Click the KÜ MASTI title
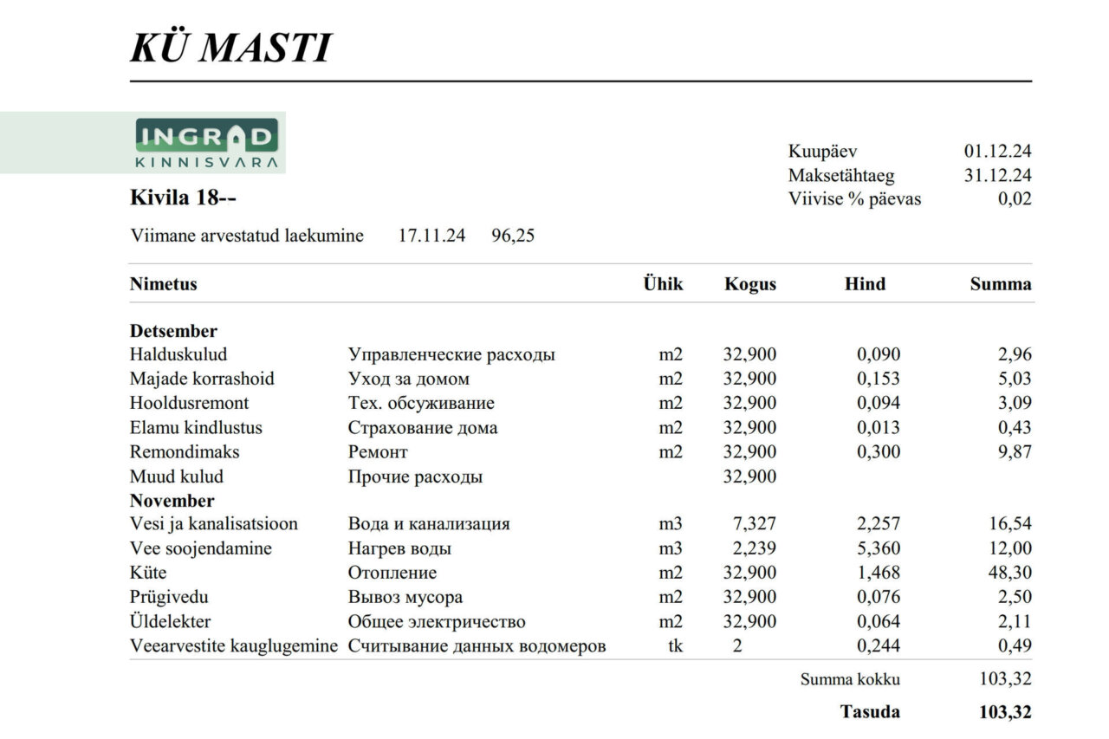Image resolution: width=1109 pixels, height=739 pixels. pyautogui.click(x=230, y=48)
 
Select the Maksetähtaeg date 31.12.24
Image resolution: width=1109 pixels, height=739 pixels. pyautogui.click(x=997, y=175)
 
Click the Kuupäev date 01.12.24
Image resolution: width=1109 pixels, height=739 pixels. pyautogui.click(x=997, y=152)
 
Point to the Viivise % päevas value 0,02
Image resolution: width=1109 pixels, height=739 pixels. pyautogui.click(x=1015, y=199)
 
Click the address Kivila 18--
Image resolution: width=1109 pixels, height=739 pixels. pyautogui.click(x=183, y=198)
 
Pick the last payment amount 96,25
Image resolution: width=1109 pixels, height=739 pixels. pyautogui.click(x=513, y=236)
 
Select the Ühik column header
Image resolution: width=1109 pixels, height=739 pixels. pyautogui.click(x=663, y=284)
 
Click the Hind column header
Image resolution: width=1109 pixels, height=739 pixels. pyautogui.click(x=865, y=284)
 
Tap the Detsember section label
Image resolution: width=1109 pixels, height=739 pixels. pyautogui.click(x=173, y=331)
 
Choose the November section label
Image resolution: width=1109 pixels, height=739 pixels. pyautogui.click(x=172, y=501)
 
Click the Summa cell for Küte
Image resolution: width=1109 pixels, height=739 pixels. pyautogui.click(x=1010, y=573)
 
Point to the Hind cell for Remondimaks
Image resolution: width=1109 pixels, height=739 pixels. pyautogui.click(x=879, y=451)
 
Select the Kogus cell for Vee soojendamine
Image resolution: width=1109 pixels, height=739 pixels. pyautogui.click(x=749, y=548)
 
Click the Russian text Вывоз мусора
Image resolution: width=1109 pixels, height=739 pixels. pyautogui.click(x=405, y=597)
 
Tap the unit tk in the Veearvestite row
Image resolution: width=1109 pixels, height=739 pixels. pyautogui.click(x=674, y=645)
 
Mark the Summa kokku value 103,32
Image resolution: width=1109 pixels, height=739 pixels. pyautogui.click(x=1005, y=679)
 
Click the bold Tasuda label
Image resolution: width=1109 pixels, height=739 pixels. pyautogui.click(x=870, y=712)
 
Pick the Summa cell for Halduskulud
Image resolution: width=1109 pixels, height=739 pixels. pyautogui.click(x=1014, y=354)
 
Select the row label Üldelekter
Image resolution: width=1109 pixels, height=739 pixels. pyautogui.click(x=170, y=621)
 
